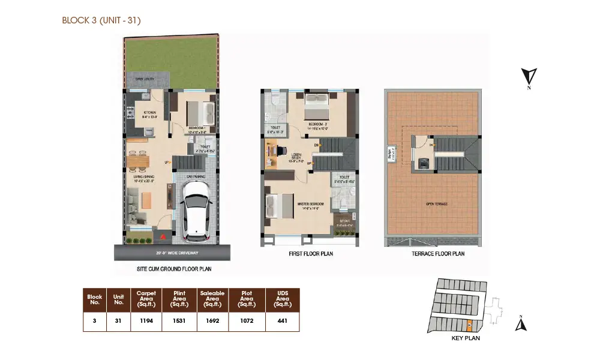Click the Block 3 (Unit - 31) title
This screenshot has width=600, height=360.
click(101, 20)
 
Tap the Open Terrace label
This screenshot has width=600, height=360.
click(437, 204)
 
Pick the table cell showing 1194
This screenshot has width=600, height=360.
click(147, 320)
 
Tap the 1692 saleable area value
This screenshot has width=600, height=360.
click(212, 320)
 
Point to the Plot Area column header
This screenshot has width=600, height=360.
click(246, 299)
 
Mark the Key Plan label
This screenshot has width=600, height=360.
click(465, 338)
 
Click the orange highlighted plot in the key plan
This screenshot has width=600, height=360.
click(469, 325)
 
